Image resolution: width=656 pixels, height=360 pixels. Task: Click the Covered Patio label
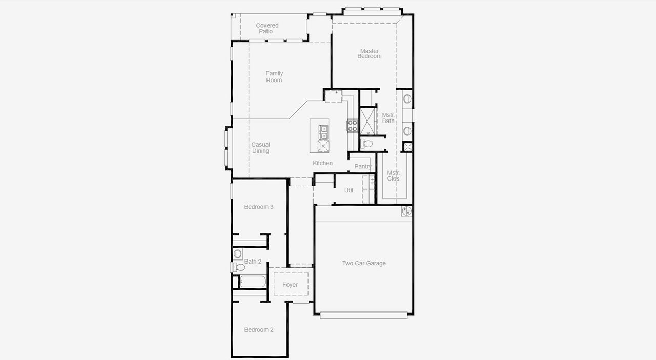pos(267,28)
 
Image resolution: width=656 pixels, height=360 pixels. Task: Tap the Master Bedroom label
pos(369,54)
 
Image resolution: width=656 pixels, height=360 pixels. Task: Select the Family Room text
pos(274,77)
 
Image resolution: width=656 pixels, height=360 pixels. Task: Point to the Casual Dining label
pos(260,148)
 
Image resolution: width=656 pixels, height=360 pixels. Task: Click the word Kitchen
pos(323,163)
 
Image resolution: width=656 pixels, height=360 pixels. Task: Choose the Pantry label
pos(363,167)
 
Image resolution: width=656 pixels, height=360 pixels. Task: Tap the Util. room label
pos(349,190)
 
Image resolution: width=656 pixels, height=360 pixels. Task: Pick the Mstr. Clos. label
pos(394,176)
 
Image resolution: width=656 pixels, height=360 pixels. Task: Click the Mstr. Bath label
pos(388,118)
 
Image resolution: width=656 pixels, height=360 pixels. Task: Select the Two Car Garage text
pos(364,263)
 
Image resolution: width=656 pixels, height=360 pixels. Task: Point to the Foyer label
pos(290,285)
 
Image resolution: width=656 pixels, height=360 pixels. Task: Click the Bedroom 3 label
pos(258,207)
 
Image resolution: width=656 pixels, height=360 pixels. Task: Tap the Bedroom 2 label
pos(258,330)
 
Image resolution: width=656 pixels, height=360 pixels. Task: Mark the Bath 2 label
pos(253,262)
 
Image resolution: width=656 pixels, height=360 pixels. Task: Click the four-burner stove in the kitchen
pos(352,126)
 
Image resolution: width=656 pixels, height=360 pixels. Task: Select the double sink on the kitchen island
pos(323,132)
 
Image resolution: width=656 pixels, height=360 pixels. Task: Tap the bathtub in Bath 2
pos(253,282)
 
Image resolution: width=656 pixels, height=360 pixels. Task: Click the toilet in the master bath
pos(367,144)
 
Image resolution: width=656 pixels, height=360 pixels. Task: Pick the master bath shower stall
pos(368,121)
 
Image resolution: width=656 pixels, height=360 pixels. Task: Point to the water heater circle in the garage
pos(406,210)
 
